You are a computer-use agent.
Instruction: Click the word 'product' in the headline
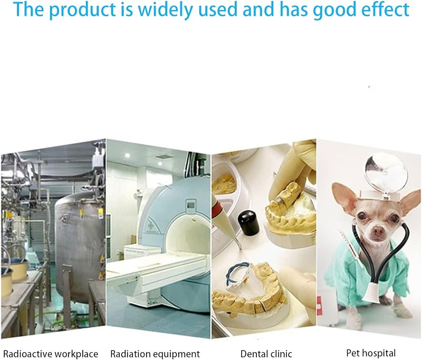pyautogui.click(x=82, y=9)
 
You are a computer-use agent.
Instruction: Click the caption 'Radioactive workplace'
pyautogui.click(x=51, y=354)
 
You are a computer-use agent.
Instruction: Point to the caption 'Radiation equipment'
pyautogui.click(x=155, y=354)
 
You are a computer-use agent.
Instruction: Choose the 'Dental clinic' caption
pyautogui.click(x=266, y=354)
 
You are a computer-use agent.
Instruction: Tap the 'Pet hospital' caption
pyautogui.click(x=371, y=353)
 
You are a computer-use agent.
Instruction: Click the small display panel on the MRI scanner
pyautogui.click(x=191, y=206)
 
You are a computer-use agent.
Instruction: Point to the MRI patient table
pyautogui.click(x=159, y=271)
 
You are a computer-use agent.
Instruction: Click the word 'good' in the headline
pyautogui.click(x=334, y=10)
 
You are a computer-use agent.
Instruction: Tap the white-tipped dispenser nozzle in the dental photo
pyautogui.click(x=223, y=220)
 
